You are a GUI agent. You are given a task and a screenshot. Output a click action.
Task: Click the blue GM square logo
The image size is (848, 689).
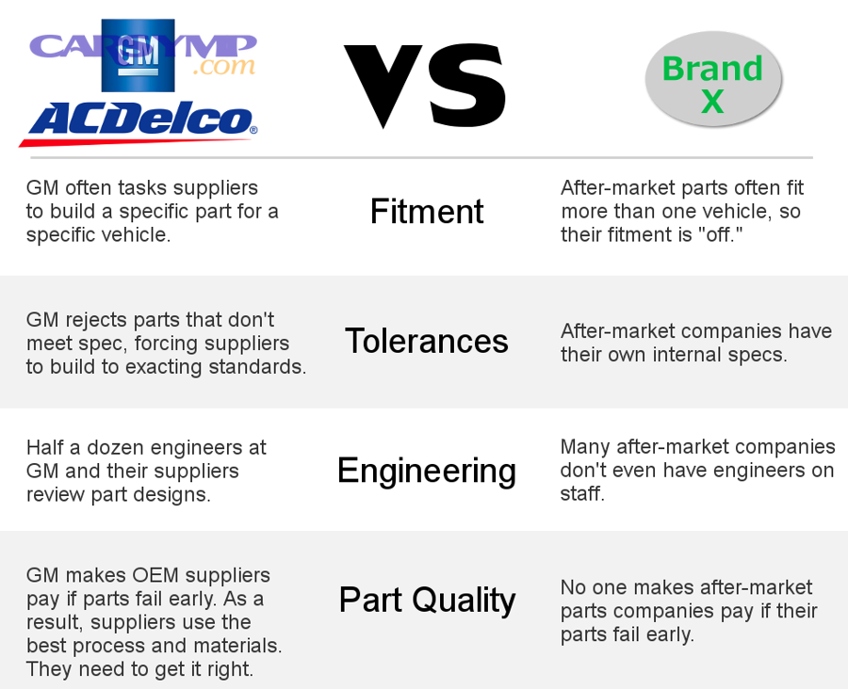click(138, 56)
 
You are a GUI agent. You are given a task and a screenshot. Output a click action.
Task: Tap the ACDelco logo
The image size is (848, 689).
click(139, 123)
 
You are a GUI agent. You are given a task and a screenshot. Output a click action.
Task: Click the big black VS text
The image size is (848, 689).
click(425, 87)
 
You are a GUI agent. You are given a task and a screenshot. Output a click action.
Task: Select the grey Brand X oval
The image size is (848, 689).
click(713, 79)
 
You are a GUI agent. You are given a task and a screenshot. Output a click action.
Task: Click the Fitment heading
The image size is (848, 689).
click(427, 211)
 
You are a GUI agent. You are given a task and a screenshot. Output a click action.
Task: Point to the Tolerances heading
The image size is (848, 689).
click(427, 341)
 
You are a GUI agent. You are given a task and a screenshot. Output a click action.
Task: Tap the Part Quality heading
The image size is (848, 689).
click(427, 601)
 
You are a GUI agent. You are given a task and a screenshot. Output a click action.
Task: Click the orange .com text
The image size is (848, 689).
click(223, 67)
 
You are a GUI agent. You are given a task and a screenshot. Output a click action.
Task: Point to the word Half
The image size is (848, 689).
click(45, 447)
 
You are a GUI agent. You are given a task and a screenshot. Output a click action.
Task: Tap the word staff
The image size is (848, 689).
click(582, 493)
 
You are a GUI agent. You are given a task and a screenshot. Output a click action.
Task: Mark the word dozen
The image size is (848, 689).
click(115, 447)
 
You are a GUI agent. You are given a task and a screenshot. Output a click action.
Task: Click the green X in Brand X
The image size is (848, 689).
click(712, 101)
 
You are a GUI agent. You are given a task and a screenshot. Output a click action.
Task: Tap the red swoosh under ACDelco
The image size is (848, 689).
click(135, 142)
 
